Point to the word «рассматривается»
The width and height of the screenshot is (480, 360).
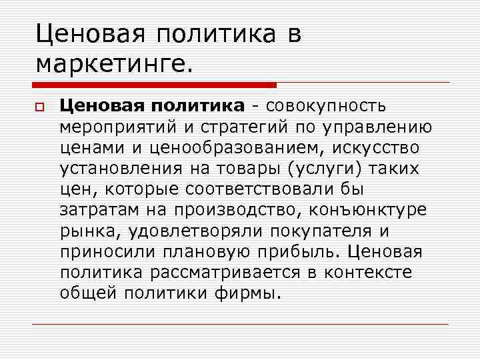click(x=225, y=273)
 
